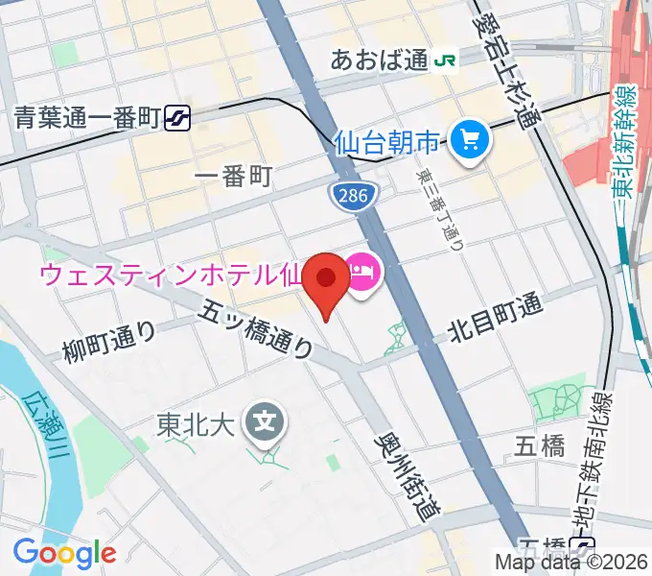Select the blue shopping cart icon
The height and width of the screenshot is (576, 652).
point(470,143)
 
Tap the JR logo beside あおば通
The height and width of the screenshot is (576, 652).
point(445,60)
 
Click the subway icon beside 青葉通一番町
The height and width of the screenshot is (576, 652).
point(176,118)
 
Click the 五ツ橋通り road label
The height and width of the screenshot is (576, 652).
point(257,328)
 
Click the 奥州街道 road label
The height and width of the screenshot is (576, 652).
point(402,477)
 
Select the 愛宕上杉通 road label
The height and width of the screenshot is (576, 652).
point(504,76)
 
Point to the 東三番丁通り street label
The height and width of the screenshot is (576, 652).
point(439,210)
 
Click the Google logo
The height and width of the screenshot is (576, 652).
point(64,553)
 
